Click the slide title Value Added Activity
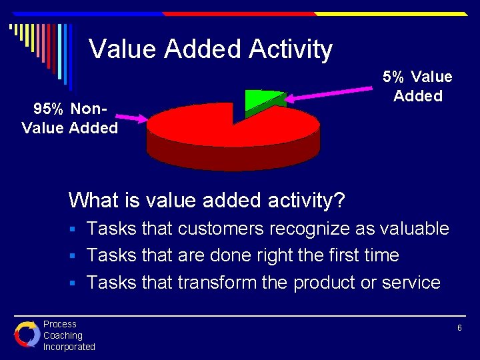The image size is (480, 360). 211,49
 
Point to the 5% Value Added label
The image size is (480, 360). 417,87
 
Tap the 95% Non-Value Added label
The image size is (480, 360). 70,117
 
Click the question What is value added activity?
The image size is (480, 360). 206,200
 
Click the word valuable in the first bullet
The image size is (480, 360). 414,229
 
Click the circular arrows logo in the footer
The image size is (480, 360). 27,334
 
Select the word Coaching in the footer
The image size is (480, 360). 63,335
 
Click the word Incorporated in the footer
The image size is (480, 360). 69,347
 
